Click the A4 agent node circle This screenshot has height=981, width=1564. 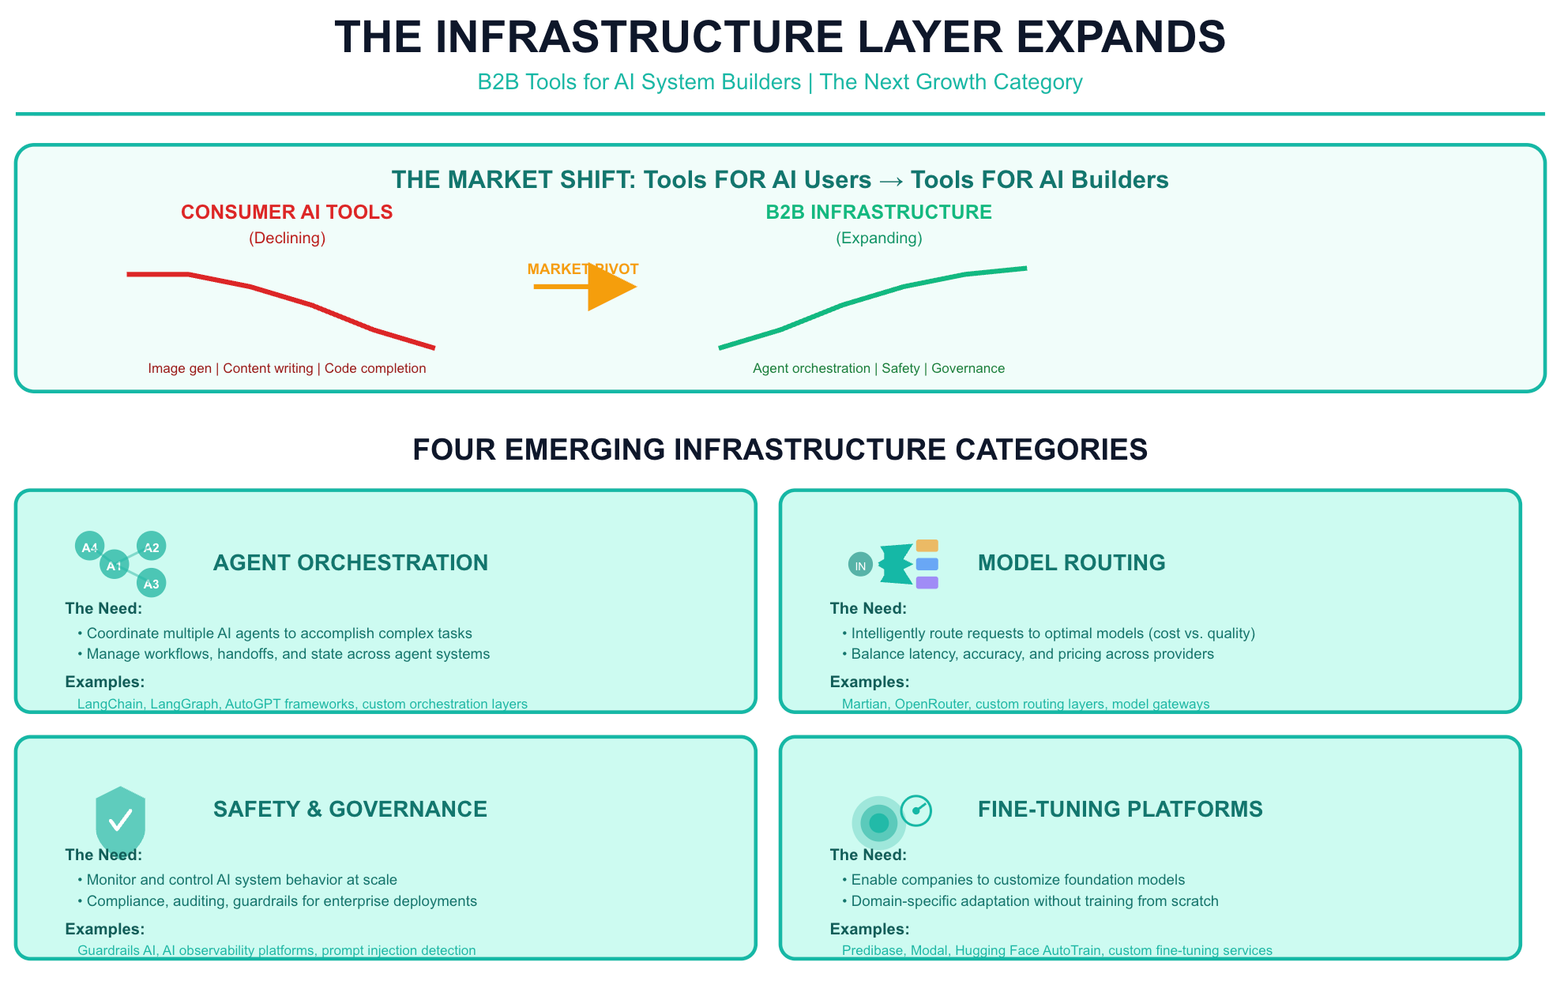pos(89,547)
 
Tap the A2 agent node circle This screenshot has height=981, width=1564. pos(151,547)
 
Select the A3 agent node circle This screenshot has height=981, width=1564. pos(151,583)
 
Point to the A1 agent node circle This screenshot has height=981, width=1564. pos(115,565)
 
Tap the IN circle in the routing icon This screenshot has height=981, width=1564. pos(860,565)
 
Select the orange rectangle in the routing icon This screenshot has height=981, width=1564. pos(927,546)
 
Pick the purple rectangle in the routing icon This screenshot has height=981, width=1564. pos(927,583)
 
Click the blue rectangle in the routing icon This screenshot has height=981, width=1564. pos(927,564)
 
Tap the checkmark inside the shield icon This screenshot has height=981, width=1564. pos(120,821)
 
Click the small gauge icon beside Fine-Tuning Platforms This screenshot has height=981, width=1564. pos(916,810)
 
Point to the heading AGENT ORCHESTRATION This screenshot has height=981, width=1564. pos(351,562)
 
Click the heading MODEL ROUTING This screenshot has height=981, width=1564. pos(1071,562)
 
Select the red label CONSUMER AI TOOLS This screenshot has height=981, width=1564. pos(287,212)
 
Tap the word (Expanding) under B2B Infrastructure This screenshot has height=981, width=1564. pos(879,238)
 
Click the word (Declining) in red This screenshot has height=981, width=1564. pos(287,238)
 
